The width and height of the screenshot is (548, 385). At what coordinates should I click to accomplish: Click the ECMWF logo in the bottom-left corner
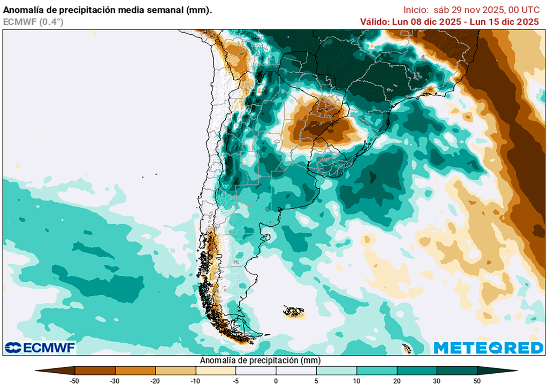(x=40, y=348)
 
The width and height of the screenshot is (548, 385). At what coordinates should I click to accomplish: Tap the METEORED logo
(x=488, y=348)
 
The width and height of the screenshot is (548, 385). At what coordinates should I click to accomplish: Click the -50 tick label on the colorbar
(x=75, y=380)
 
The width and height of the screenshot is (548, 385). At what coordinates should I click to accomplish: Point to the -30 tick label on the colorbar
(x=115, y=380)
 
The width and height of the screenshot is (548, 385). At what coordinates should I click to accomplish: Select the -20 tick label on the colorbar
(x=155, y=380)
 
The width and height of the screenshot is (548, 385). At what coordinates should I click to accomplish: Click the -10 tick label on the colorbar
(x=195, y=380)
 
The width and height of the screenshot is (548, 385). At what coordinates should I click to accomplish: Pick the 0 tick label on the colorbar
(x=276, y=380)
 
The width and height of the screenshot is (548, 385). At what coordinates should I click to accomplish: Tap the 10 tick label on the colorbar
(x=356, y=380)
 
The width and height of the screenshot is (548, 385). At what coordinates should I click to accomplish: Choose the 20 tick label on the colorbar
(x=397, y=380)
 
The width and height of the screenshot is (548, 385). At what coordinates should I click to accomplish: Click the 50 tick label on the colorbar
(x=477, y=380)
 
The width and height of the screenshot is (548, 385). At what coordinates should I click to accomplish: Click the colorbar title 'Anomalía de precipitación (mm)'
(x=260, y=360)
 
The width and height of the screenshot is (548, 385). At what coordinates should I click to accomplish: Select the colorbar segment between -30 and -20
(x=135, y=370)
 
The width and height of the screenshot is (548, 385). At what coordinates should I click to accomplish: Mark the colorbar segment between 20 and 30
(x=417, y=370)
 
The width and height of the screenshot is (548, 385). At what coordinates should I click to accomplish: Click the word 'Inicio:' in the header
(x=415, y=10)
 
